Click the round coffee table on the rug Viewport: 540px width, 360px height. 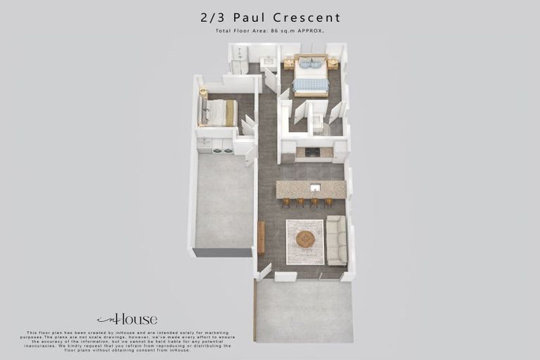pos(305,239)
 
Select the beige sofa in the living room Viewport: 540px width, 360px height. pos(336,240)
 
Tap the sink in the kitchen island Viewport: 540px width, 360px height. pos(315,188)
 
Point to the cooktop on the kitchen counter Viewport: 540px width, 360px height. pos(311,152)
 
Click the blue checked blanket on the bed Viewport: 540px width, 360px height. pos(311,85)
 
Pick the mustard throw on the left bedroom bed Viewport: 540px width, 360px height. pos(230,112)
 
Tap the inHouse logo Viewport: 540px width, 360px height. pos(127,319)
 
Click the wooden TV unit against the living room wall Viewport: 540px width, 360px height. pos(262,238)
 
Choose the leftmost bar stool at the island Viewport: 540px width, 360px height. pos(286,202)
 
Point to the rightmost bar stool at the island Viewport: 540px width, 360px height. pos(328,202)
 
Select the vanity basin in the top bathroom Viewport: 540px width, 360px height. pos(268,63)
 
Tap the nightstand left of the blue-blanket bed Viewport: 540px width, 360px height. pos(288,64)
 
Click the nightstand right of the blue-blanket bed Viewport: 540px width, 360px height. pos(333,63)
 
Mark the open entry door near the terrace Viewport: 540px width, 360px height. pos(264,271)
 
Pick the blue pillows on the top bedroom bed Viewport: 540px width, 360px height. pos(311,64)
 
